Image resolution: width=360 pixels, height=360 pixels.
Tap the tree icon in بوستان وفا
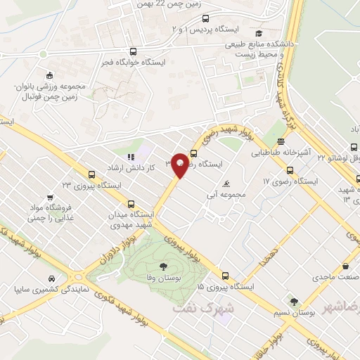coord(163,266)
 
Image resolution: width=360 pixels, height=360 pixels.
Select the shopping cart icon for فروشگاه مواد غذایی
coord(49,198)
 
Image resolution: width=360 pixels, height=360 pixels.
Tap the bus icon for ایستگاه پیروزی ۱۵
coord(226,276)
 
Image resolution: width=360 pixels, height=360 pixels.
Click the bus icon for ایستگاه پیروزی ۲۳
coord(91,175)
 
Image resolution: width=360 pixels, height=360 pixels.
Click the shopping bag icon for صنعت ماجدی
coord(346,266)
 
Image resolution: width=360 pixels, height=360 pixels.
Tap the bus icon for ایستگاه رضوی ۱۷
coord(290,170)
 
